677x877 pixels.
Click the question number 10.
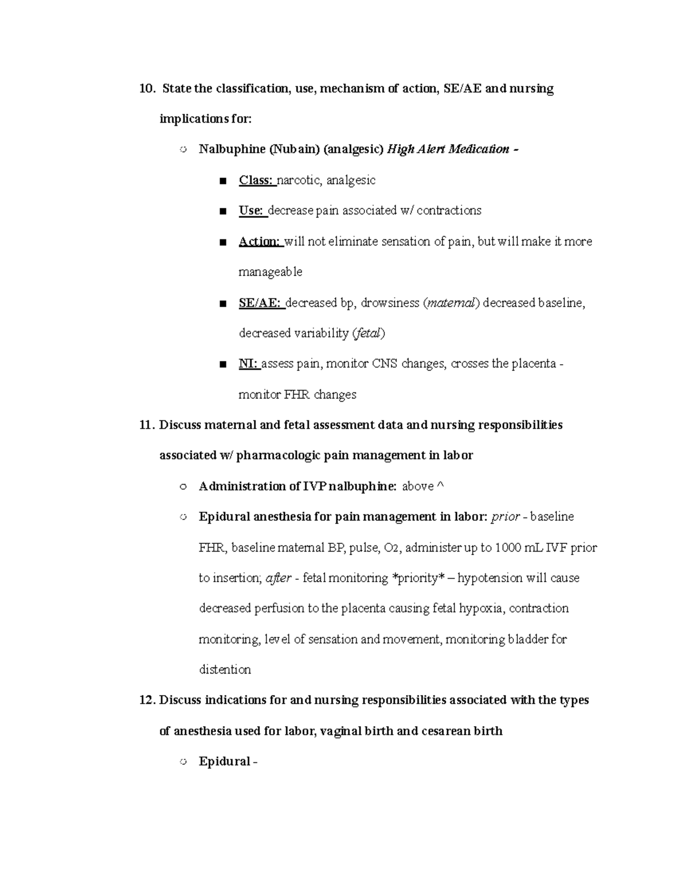(x=146, y=89)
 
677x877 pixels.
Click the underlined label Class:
(x=256, y=180)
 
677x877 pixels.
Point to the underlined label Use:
(x=251, y=211)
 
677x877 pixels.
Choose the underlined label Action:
(x=260, y=242)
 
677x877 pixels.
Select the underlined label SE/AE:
(x=260, y=303)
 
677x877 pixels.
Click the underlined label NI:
(x=248, y=364)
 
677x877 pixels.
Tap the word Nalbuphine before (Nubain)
(x=232, y=150)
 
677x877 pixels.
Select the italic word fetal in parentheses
(x=368, y=334)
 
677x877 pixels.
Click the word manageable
(x=270, y=272)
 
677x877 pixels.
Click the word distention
(x=225, y=670)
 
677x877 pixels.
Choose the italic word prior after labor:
(x=505, y=517)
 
